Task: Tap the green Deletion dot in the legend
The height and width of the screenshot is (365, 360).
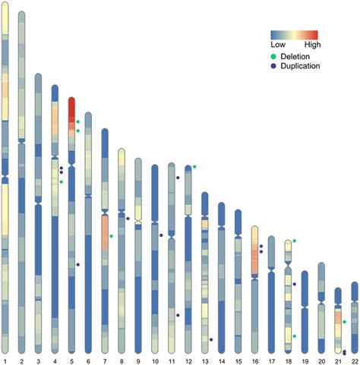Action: point(275,56)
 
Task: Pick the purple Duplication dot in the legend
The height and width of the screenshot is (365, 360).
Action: point(275,66)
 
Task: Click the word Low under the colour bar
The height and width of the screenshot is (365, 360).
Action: point(278,46)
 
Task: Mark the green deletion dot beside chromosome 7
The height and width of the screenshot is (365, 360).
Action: point(112,236)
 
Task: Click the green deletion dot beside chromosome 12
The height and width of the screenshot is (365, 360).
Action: point(194,166)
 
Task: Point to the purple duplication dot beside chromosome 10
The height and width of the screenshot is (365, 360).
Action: point(161,235)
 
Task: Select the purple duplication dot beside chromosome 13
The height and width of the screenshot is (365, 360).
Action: point(210,339)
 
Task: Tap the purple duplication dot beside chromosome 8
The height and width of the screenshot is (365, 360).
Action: point(128,219)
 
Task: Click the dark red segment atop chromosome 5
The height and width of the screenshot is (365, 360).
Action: point(71,109)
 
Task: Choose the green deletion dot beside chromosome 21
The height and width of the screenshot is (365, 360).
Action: point(344,323)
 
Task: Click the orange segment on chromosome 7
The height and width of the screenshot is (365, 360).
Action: point(105,232)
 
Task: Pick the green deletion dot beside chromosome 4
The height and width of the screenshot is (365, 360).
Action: point(61,182)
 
